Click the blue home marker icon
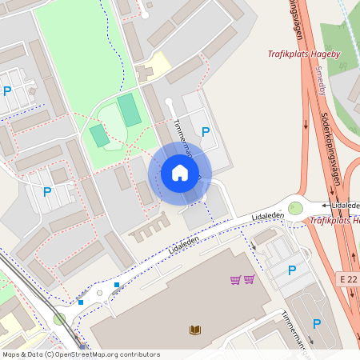(180, 172)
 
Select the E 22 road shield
(347, 278)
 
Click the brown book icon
(195, 329)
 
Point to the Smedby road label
(321, 81)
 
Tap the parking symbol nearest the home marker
(206, 131)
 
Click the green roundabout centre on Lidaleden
(296, 208)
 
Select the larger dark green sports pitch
(130, 110)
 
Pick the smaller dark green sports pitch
(100, 135)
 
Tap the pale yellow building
(157, 64)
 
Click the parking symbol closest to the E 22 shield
(291, 270)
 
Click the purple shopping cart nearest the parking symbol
(249, 279)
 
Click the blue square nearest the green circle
(80, 302)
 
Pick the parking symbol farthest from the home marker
(8, 91)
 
